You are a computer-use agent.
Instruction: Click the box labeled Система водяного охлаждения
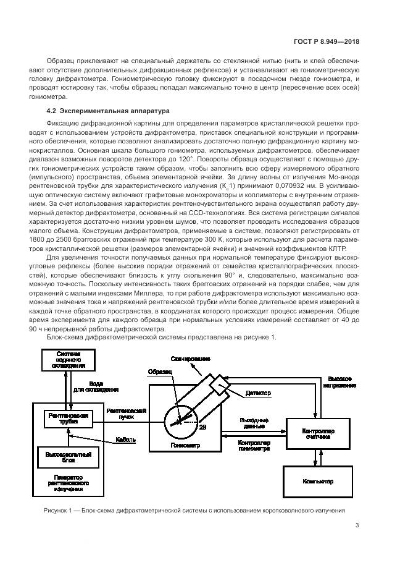pos(69,360)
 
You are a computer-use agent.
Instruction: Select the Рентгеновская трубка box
pos(69,419)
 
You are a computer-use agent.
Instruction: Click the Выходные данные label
pos(253,423)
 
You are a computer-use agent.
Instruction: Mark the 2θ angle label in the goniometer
pos(203,427)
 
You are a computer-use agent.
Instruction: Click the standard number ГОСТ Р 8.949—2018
pos(330,41)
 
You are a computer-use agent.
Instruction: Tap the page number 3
pos(357,526)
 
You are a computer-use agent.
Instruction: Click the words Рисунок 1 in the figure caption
pos(59,511)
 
